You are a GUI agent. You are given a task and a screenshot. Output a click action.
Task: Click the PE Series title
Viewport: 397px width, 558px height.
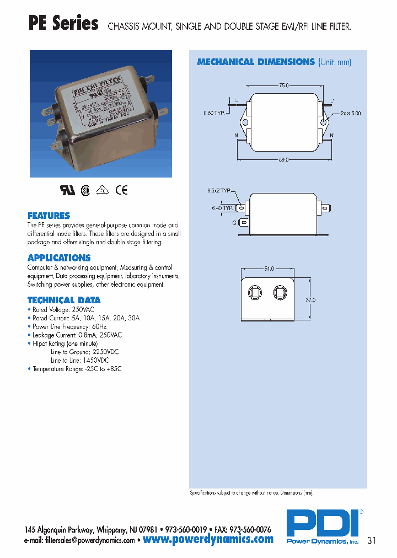point(63,24)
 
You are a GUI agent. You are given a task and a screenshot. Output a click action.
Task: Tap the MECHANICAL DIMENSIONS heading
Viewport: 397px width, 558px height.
point(256,62)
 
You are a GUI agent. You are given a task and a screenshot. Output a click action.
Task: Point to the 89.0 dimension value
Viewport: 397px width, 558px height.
point(284,159)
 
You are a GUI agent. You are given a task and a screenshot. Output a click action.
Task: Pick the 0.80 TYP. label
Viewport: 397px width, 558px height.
point(215,113)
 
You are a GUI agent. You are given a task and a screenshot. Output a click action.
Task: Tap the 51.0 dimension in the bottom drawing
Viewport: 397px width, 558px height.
point(269,269)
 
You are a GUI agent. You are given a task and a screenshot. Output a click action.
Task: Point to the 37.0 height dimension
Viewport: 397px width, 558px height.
point(310,300)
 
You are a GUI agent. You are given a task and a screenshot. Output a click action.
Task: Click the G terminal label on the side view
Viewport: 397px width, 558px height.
point(234,222)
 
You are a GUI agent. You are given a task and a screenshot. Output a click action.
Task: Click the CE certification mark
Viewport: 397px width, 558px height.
point(121,190)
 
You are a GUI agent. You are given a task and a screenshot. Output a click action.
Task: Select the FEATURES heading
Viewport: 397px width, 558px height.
point(49,216)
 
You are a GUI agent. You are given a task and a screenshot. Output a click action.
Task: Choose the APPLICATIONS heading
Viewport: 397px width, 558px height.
point(59,257)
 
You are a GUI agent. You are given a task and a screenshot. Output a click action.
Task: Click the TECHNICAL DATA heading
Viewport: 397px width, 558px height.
point(64,300)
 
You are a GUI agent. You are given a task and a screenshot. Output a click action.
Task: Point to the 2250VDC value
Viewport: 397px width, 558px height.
point(107,351)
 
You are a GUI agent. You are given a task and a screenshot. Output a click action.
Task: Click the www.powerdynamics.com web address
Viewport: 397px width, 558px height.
point(208,539)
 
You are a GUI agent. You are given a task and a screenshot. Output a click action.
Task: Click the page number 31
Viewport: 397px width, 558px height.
point(372,540)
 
